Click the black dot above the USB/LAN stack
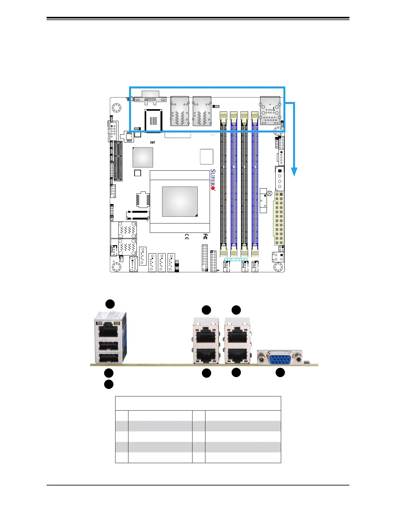tap(110, 304)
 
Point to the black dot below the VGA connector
tap(280, 372)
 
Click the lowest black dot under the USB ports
tap(109, 384)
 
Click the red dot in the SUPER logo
tap(213, 188)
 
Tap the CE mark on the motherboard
tap(187, 237)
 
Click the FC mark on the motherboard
tap(205, 236)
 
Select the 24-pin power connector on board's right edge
tap(279, 219)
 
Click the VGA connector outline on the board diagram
tap(150, 98)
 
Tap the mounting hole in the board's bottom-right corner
tap(278, 267)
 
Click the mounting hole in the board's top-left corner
tap(116, 108)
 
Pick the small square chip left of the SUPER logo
tap(206, 157)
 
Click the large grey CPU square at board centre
tap(180, 201)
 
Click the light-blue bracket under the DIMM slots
tap(236, 259)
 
